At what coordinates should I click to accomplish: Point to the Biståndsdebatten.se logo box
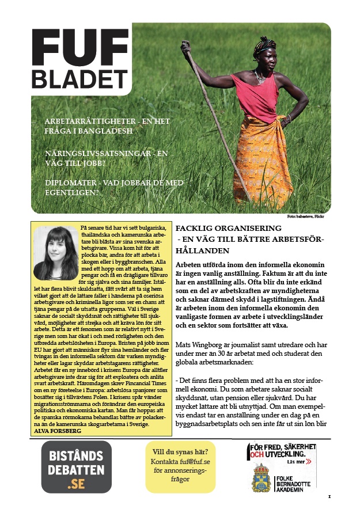76,467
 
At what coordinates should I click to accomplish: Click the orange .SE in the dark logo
76,484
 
